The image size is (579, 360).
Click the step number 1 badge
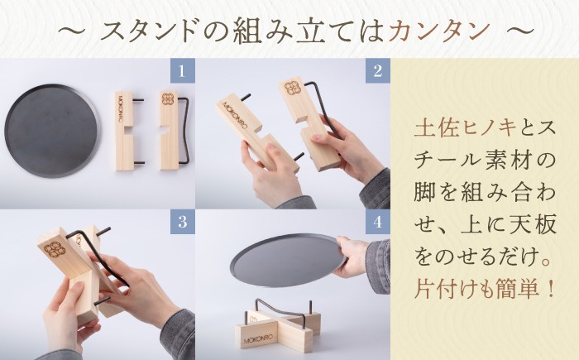(181, 70)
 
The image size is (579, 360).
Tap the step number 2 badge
(376, 70)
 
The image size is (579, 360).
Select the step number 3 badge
(181, 222)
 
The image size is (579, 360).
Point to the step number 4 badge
(376, 222)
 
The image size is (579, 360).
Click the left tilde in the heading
(73, 31)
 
